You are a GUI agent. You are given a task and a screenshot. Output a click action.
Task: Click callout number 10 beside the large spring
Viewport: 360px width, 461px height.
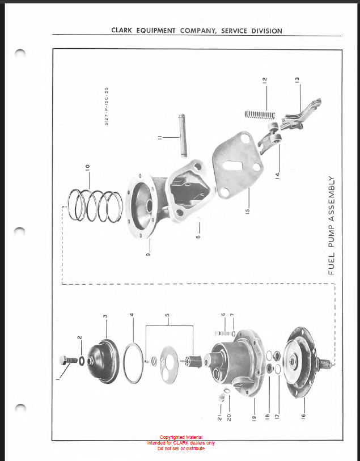[x=87, y=167]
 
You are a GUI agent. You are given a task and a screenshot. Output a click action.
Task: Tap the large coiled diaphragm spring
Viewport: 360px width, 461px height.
[x=95, y=205]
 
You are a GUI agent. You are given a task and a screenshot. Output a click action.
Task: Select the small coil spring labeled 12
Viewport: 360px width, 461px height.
[x=260, y=115]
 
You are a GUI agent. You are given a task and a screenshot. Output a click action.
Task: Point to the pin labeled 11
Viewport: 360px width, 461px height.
[x=181, y=136]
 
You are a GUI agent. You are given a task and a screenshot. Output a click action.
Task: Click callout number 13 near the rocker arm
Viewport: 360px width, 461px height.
[x=297, y=79]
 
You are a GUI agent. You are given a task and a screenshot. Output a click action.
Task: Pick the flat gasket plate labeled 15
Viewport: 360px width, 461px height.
[x=238, y=164]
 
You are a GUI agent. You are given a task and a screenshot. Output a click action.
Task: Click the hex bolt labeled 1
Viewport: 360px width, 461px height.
[x=68, y=360]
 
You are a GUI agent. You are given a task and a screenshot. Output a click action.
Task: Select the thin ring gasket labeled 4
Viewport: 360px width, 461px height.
[x=133, y=363]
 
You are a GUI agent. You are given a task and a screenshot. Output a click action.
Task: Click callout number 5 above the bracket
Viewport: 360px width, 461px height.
[x=167, y=315]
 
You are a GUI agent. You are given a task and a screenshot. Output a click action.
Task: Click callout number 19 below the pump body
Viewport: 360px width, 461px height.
[x=254, y=417]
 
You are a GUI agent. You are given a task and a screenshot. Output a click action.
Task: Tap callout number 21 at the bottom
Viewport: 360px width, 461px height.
[x=219, y=417]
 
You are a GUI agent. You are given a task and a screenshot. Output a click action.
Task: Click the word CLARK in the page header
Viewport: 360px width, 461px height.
[x=122, y=30]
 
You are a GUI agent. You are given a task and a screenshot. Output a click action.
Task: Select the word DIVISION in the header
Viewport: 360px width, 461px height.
[x=266, y=31]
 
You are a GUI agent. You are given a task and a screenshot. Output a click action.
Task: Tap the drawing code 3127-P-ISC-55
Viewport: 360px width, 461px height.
[x=107, y=106]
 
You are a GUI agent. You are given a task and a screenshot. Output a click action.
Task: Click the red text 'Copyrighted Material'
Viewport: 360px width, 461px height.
[x=181, y=437]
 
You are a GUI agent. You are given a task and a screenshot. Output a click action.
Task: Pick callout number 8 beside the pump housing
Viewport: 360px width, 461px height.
[x=198, y=236]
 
